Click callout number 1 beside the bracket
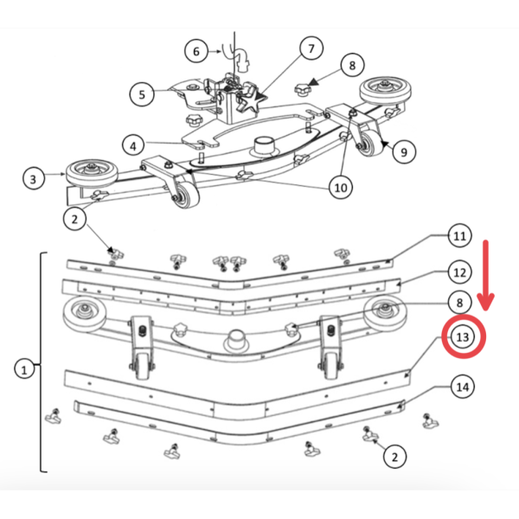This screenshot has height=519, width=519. (24, 369)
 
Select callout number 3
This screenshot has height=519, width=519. (33, 179)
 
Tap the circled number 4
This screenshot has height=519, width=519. (133, 145)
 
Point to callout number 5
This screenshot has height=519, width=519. (142, 94)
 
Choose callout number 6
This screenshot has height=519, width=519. (196, 51)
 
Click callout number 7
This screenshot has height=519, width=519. (311, 48)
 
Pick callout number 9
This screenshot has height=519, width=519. (403, 152)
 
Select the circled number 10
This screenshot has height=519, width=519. (341, 188)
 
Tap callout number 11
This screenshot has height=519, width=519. (459, 236)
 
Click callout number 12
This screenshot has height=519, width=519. (459, 272)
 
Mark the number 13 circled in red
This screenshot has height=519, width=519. (463, 337)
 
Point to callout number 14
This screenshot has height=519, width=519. (463, 387)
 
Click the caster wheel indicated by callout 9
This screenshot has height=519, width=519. (370, 143)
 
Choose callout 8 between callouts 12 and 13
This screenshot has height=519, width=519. (459, 303)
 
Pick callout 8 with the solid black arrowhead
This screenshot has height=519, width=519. (352, 65)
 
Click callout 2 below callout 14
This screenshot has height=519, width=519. (394, 457)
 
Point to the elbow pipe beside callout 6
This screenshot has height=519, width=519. (242, 60)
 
